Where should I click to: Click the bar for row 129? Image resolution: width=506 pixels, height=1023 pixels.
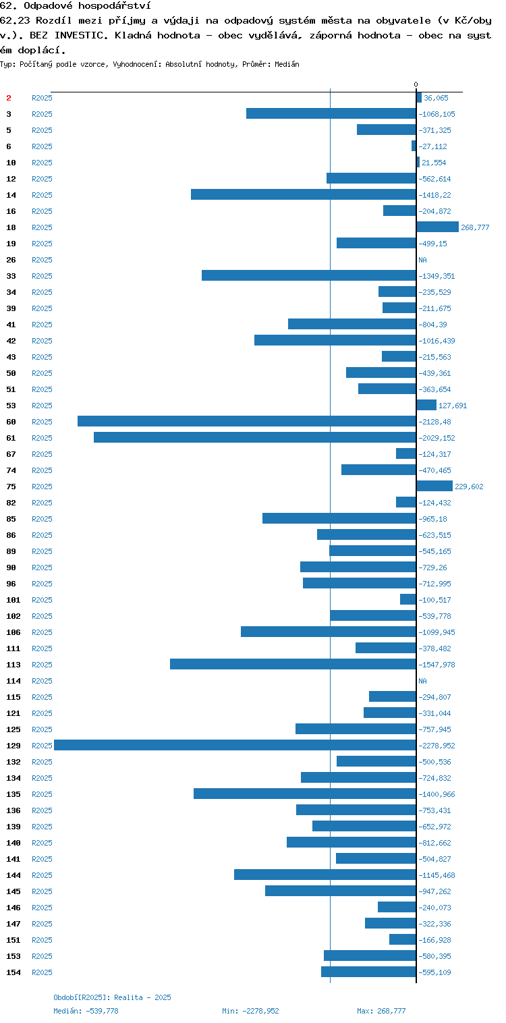tap(235, 746)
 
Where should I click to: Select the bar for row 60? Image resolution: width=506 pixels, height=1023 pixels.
tap(247, 421)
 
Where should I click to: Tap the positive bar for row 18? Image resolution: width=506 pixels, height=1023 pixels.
tap(437, 227)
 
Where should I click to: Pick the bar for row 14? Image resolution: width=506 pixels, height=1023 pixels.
tap(303, 194)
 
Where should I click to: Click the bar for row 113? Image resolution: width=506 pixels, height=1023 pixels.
tap(293, 664)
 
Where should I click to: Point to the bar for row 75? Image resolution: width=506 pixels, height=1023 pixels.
tap(434, 486)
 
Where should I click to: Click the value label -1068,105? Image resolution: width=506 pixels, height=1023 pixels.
tap(437, 114)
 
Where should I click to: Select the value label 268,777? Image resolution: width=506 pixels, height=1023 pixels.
tap(475, 227)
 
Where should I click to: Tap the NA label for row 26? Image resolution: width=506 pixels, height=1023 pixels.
tap(422, 260)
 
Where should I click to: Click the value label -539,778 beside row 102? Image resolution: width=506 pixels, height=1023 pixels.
tap(434, 616)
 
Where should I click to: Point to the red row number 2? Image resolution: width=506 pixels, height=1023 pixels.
tap(9, 98)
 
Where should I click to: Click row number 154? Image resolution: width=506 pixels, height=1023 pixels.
tap(13, 972)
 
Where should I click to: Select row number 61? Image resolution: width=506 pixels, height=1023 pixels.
tap(11, 438)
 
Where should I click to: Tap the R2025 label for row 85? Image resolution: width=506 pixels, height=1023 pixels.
tap(42, 519)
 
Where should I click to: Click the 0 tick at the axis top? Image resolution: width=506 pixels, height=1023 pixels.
tap(416, 84)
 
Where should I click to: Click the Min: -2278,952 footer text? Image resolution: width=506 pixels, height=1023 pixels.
tap(250, 1011)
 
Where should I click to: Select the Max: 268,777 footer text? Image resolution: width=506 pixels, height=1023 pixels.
tap(381, 1011)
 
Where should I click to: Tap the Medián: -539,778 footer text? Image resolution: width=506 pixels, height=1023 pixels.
tap(86, 1011)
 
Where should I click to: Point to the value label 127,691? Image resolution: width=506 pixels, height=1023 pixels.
tap(453, 406)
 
